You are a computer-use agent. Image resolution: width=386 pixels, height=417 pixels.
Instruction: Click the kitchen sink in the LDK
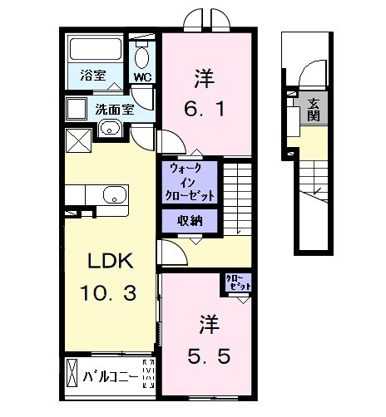(x=112, y=196)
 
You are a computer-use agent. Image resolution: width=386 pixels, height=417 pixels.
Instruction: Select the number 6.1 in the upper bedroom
(x=205, y=107)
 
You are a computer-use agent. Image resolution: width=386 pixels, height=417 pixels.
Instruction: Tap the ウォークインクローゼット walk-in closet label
(x=191, y=182)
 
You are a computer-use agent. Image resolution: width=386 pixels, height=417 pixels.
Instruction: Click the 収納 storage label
(x=191, y=220)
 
